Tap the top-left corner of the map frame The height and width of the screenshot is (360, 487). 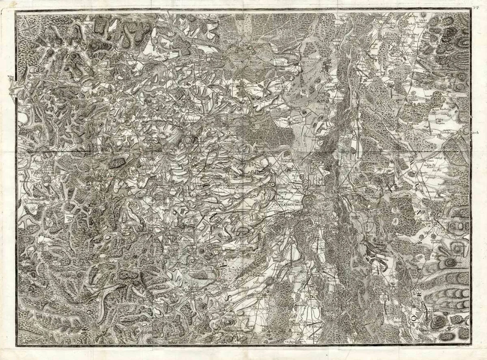(x=16, y=12)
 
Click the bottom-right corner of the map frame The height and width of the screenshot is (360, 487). (x=471, y=346)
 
